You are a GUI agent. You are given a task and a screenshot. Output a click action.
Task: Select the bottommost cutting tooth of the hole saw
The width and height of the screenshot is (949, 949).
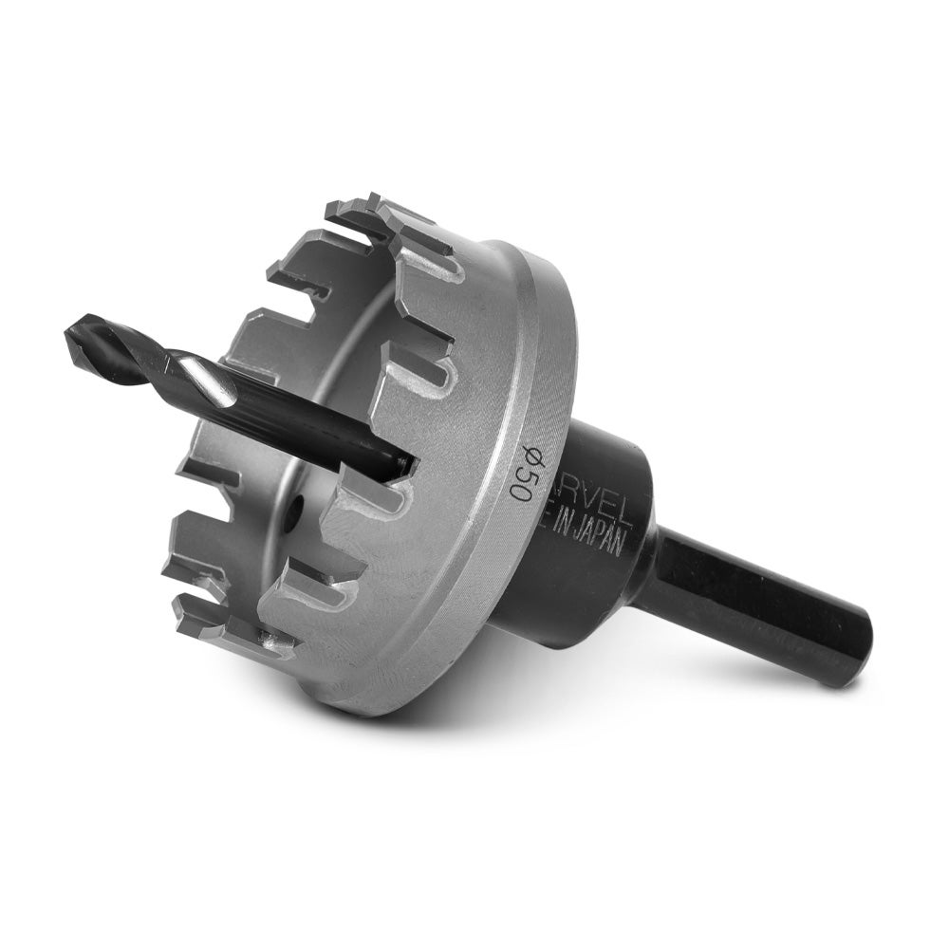coord(275,646)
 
